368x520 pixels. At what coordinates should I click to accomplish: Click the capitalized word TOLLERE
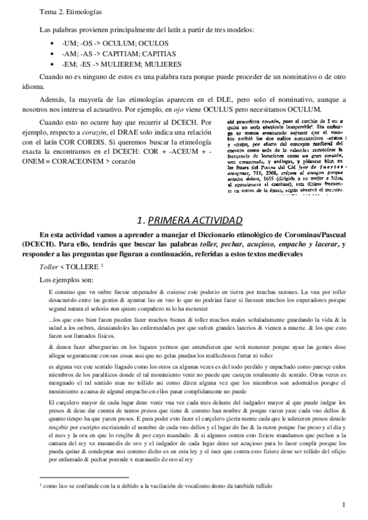coord(82,268)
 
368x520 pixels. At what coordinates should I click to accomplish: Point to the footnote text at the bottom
coord(160,487)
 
